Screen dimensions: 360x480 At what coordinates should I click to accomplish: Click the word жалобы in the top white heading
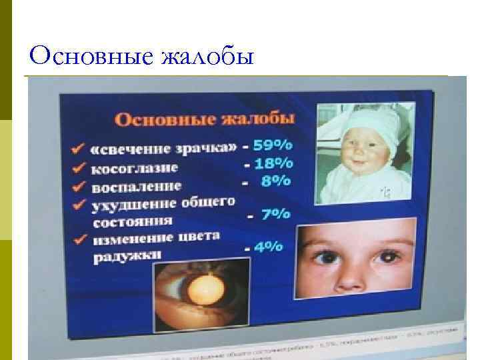tap(209, 56)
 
